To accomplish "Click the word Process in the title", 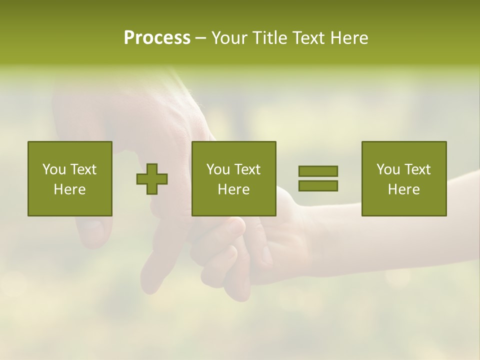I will point(157,37).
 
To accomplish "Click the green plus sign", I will point(152,178).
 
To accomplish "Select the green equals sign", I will point(318,178).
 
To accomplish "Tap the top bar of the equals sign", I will point(318,171).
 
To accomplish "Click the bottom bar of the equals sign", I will point(318,186).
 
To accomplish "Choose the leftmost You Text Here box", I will point(70,178).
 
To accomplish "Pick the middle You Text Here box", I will point(234,178).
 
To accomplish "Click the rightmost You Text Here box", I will point(404,178).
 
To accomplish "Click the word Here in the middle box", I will point(234,189).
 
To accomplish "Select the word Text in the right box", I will point(417,169).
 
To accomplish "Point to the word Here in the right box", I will point(404,189).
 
